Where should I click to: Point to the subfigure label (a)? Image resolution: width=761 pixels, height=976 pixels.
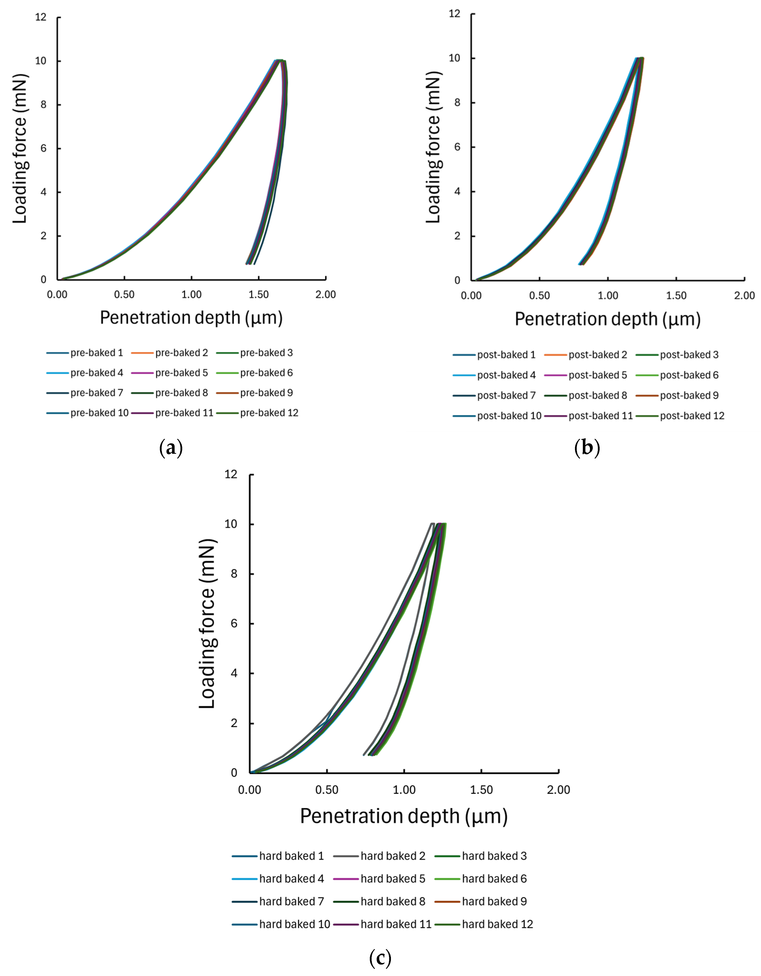(171, 448)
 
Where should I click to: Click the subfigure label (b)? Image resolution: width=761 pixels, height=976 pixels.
(587, 448)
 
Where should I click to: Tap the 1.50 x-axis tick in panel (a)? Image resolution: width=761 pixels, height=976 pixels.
(259, 294)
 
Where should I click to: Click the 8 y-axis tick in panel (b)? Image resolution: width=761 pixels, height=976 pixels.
(457, 102)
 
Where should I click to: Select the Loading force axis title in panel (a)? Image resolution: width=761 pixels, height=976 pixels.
(20, 149)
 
